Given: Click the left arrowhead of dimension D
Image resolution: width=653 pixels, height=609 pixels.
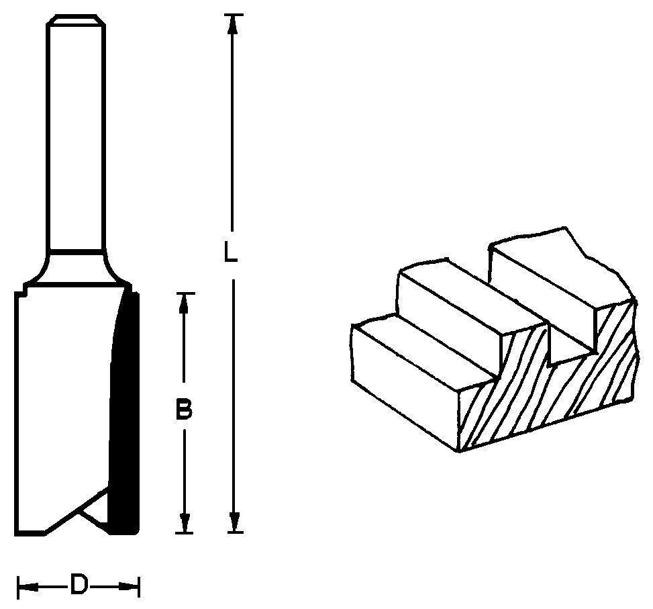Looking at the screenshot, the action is coord(29,587).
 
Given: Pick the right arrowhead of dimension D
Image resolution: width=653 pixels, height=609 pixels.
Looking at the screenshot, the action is coord(128,587).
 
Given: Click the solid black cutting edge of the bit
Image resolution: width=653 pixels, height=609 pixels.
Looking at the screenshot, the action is coord(123,412).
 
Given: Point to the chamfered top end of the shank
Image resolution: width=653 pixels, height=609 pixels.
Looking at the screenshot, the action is coord(75,19).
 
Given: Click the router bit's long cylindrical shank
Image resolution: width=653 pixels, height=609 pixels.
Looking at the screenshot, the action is coord(76,134).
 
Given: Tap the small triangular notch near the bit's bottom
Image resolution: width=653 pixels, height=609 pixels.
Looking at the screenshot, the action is coord(94,508).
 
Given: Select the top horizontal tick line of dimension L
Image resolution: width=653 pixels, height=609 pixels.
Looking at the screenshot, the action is coord(234,15).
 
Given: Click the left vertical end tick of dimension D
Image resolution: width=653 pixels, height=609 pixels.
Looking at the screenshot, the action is coord(18,588).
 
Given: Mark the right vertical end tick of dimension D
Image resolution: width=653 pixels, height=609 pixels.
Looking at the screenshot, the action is coord(139,588).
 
